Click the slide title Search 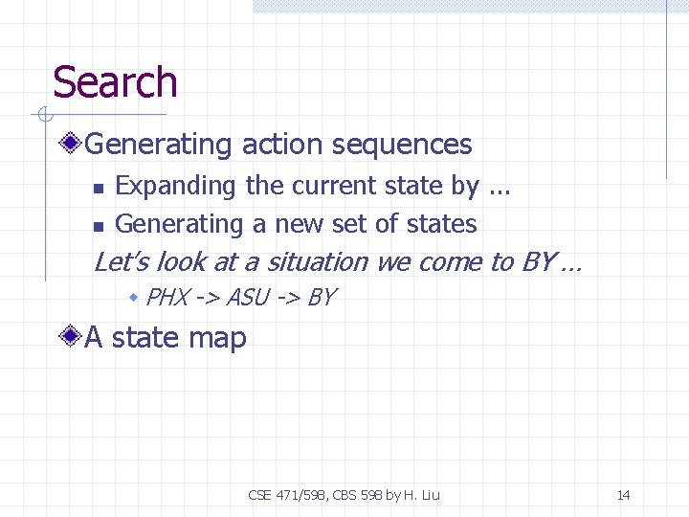(x=115, y=82)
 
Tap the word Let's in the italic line (x=122, y=261)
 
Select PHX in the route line (x=167, y=298)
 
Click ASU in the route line (x=248, y=298)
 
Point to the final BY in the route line (x=321, y=298)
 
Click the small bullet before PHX (x=135, y=298)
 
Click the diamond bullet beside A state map (x=70, y=337)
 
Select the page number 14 (x=623, y=495)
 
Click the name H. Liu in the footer (x=421, y=495)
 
